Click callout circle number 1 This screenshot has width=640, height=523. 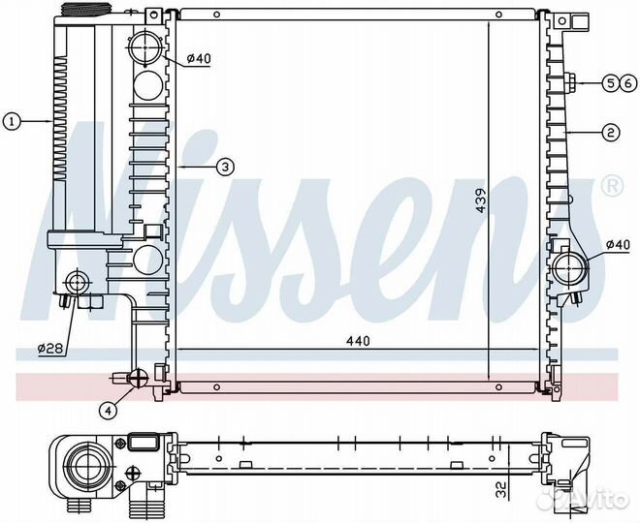point(12,121)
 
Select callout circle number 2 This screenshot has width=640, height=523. point(611,133)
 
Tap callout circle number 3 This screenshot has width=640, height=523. point(225,167)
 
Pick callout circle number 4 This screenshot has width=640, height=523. point(109,411)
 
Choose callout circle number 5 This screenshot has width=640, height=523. point(611,83)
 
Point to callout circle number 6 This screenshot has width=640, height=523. point(628,83)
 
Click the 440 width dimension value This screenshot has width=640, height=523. point(358,340)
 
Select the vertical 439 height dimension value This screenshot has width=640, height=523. point(482,200)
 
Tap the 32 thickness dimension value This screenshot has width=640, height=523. point(501,489)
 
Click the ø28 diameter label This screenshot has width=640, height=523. point(50,349)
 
